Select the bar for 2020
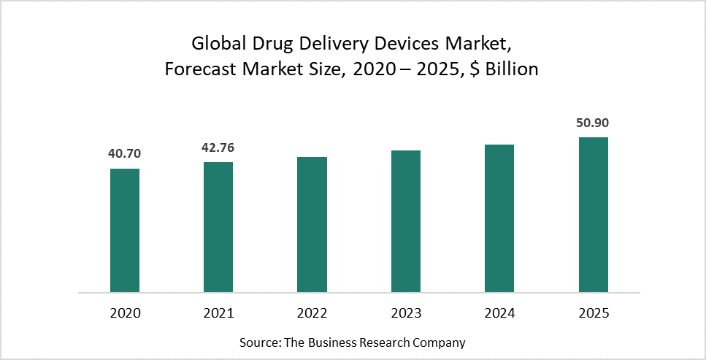click(125, 230)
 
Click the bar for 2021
click(218, 227)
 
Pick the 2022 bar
click(312, 224)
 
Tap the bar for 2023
click(406, 221)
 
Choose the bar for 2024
click(499, 218)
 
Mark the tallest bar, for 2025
click(594, 215)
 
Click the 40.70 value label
click(125, 153)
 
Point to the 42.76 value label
click(218, 148)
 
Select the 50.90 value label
click(594, 122)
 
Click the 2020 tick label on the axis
click(125, 313)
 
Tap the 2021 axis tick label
click(218, 313)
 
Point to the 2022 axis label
click(312, 313)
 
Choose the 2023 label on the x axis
click(406, 313)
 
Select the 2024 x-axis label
click(499, 313)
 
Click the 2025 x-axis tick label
click(594, 313)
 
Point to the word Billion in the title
click(512, 70)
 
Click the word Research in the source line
click(376, 342)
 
